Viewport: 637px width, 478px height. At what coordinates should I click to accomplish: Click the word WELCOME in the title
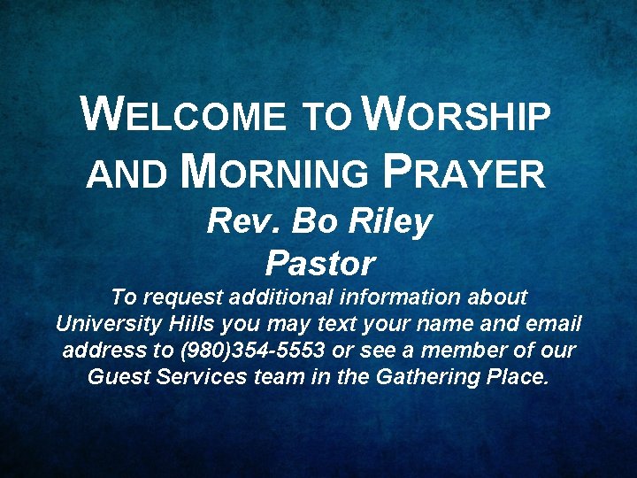coord(183,116)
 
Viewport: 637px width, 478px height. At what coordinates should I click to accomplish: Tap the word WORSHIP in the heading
coord(457,116)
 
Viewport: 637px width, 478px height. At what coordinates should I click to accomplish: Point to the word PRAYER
coord(466,172)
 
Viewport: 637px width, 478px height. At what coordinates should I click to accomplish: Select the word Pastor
coord(319,263)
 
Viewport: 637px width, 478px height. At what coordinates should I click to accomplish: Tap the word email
coord(551,324)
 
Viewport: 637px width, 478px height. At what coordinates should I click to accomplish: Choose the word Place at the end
coord(518,377)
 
